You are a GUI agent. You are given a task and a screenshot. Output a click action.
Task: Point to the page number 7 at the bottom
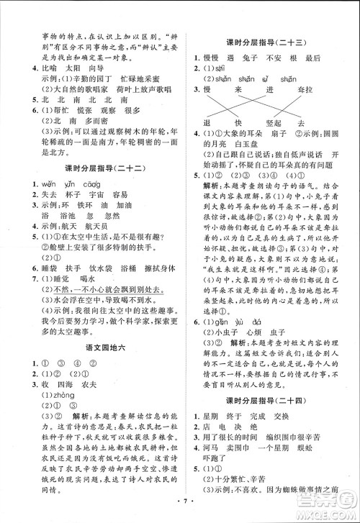pos(179,513)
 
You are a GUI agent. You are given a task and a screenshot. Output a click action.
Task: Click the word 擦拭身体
pos(150,266)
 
